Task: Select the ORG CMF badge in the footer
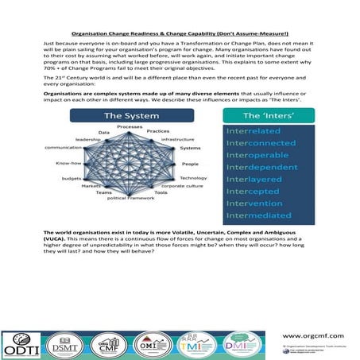click(x=104, y=341)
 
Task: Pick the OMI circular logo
click(x=149, y=341)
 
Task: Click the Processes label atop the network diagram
click(x=130, y=127)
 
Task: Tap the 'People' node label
click(x=190, y=163)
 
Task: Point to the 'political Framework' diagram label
click(x=130, y=198)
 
